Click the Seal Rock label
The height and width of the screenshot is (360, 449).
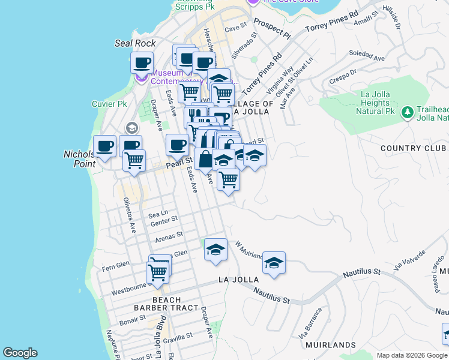pyautogui.click(x=135, y=43)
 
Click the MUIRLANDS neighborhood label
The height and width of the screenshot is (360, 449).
pyautogui.click(x=331, y=345)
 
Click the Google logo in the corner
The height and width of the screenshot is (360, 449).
pyautogui.click(x=20, y=353)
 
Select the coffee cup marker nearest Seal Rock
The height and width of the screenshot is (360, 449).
pyautogui.click(x=142, y=62)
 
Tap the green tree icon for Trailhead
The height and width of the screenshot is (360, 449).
pyautogui.click(x=408, y=112)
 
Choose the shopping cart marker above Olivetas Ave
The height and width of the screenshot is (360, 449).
pyautogui.click(x=134, y=160)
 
